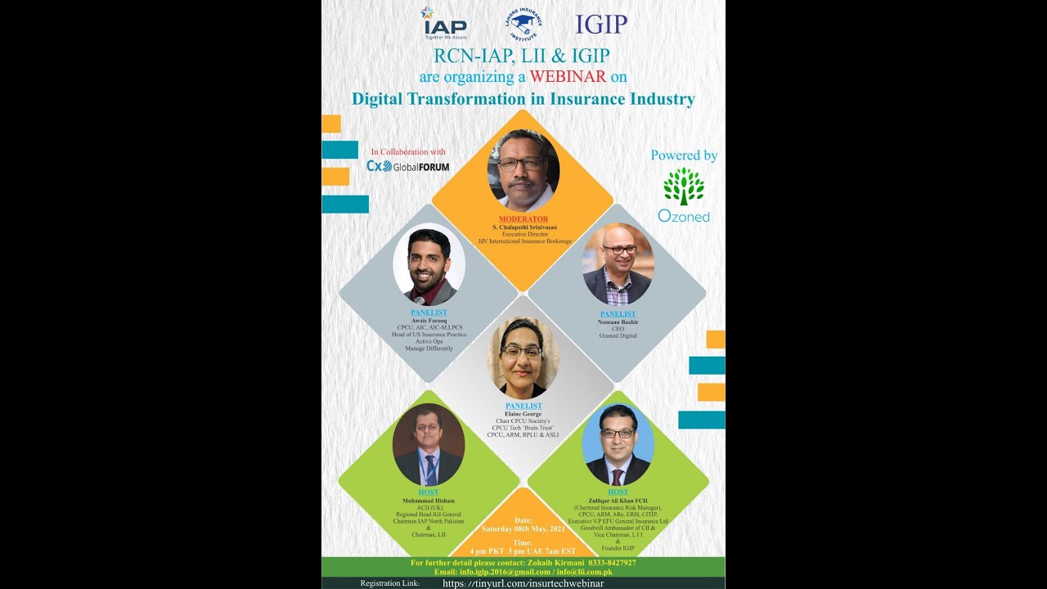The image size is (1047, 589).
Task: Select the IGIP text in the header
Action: click(601, 25)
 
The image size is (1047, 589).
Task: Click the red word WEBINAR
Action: click(567, 77)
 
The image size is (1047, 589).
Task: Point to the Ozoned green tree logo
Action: click(684, 187)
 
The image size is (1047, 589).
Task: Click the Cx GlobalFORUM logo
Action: click(407, 166)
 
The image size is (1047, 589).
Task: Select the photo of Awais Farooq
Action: click(429, 265)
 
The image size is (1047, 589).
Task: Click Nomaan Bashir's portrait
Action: click(618, 264)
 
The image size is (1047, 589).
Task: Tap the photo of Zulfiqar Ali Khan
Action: click(618, 444)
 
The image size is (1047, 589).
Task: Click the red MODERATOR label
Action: click(523, 219)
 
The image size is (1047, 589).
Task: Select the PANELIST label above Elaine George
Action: click(523, 406)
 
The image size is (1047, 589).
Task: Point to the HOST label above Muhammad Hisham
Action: click(429, 492)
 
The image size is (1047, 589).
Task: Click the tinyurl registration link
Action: click(523, 583)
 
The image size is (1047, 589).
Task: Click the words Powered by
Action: click(684, 155)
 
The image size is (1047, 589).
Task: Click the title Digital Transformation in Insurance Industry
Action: click(523, 99)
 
